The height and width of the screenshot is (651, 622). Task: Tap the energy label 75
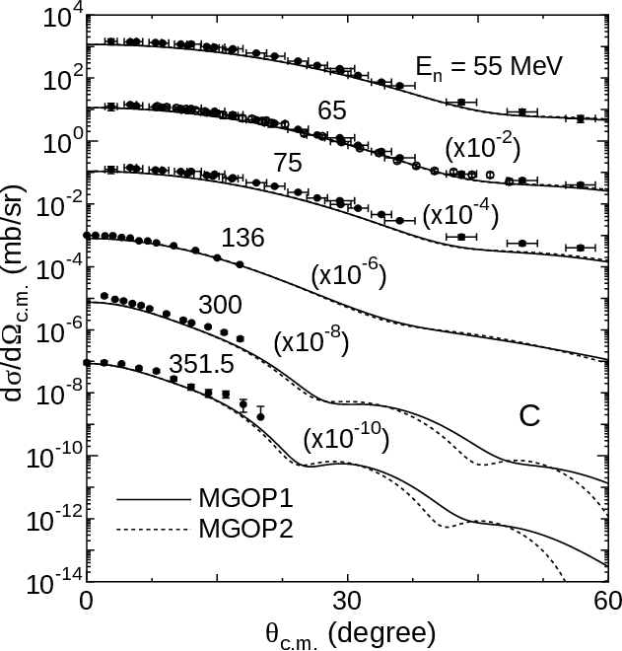click(x=287, y=164)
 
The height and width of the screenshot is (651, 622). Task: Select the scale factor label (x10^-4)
click(x=460, y=214)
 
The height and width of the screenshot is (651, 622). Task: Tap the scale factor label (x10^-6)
click(x=348, y=275)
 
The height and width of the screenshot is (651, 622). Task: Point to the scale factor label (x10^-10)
click(x=346, y=437)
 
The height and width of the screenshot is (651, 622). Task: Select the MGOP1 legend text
click(x=245, y=496)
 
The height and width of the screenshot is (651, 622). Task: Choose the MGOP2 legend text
click(x=245, y=531)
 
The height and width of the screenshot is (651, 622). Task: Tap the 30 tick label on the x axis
click(x=347, y=601)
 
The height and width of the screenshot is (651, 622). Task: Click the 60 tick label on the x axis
click(x=606, y=601)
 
